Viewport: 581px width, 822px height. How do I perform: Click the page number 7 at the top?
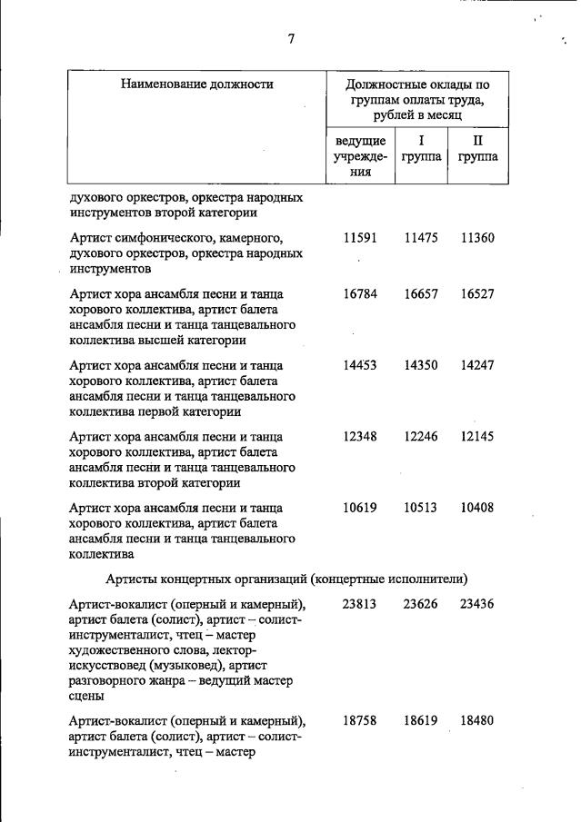(290, 38)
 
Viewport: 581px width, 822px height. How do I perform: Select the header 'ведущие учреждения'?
(360, 156)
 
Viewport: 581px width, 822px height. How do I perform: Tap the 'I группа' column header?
(421, 149)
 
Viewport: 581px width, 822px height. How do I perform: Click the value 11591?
(360, 237)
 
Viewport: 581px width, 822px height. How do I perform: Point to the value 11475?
(421, 237)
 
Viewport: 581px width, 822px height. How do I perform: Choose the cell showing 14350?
(421, 364)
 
